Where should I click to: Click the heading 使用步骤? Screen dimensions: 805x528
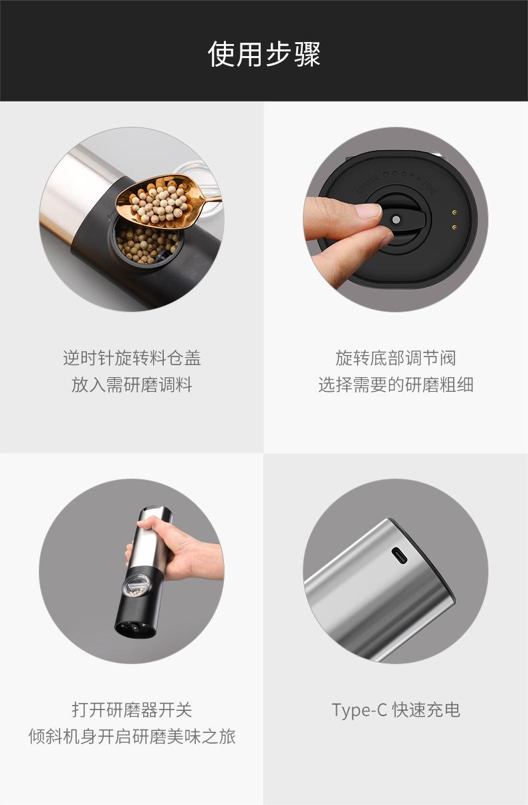pos(264,53)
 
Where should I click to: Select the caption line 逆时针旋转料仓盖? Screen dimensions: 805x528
pos(132,358)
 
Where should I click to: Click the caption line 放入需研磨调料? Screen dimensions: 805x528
pos(132,385)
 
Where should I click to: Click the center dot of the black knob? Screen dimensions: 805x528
pos(396,220)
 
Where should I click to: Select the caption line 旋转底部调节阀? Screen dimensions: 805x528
pos(396,358)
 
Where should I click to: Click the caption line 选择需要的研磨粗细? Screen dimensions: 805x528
pos(396,385)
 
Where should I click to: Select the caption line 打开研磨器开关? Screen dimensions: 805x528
pos(132,710)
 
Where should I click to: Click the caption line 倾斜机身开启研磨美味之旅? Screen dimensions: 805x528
pos(132,736)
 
